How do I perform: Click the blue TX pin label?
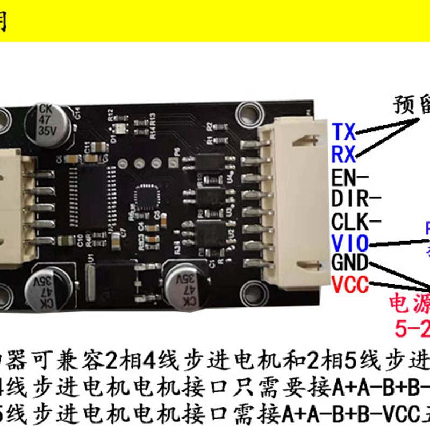coord(344,131)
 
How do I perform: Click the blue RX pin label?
coord(344,155)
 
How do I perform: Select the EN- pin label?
coord(350,177)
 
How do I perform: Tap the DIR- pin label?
coord(356,199)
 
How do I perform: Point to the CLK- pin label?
coord(356,221)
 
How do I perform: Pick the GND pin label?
coord(350,263)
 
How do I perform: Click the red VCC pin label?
coord(350,284)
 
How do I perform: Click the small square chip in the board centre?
coord(147,197)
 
